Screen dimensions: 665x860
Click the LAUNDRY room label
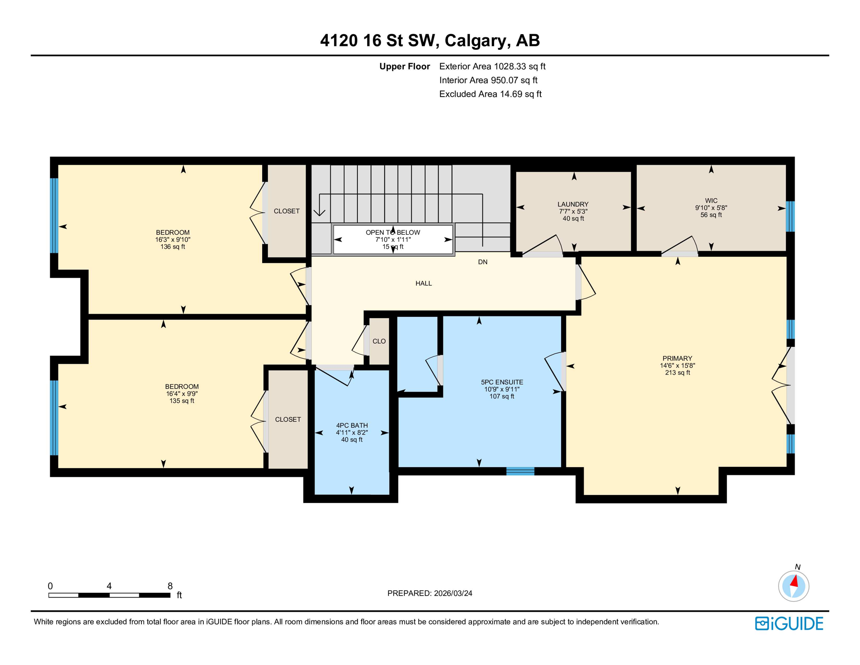pos(573,204)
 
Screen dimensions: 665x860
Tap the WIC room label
pos(711,201)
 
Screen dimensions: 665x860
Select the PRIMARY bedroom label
pos(677,358)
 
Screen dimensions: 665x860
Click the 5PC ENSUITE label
pos(502,382)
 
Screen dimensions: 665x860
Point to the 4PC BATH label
pos(352,426)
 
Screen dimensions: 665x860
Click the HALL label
pos(424,284)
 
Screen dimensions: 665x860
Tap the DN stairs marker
pos(483,262)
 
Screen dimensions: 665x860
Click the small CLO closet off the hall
pos(379,342)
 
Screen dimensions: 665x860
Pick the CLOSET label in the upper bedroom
pos(286,211)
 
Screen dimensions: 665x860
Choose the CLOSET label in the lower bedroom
pos(288,420)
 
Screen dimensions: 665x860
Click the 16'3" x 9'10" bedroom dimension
pos(173,240)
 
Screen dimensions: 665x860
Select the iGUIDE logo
pos(789,623)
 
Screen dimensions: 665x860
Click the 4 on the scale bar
pos(109,586)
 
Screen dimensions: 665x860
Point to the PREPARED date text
pos(430,594)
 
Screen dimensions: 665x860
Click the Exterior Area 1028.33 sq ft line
pos(492,67)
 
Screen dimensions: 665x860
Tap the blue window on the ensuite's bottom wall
pos(520,471)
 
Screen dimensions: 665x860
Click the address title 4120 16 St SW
pos(430,40)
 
